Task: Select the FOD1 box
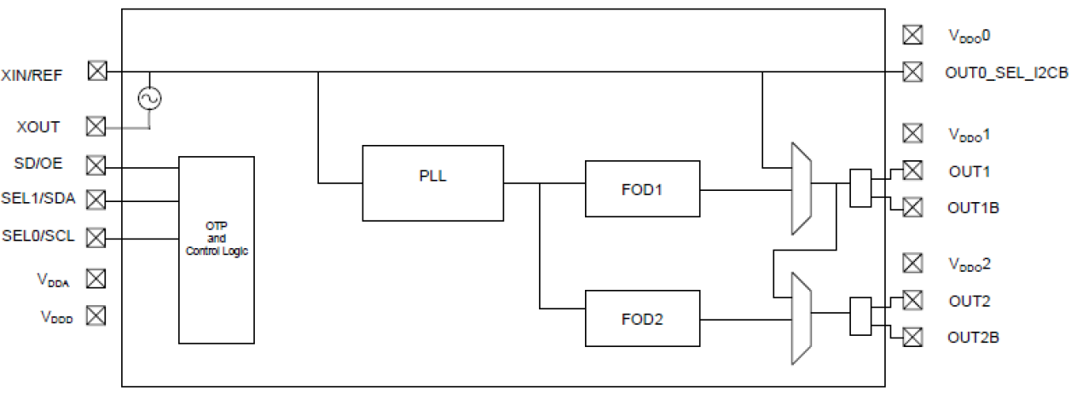click(642, 188)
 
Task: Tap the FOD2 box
click(642, 319)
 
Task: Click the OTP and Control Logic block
click(216, 249)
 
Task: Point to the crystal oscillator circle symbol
click(150, 99)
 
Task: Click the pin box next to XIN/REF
click(98, 72)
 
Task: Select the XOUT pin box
click(96, 126)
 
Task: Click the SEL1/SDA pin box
click(96, 199)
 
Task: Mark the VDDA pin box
click(96, 279)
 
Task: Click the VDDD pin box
click(96, 315)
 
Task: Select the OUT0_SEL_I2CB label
click(1006, 72)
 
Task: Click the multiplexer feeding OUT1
click(802, 188)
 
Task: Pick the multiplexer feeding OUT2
click(802, 318)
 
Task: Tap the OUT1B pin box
click(912, 207)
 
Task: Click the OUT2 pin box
click(912, 300)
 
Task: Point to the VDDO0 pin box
click(912, 35)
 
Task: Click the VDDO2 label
click(970, 263)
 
